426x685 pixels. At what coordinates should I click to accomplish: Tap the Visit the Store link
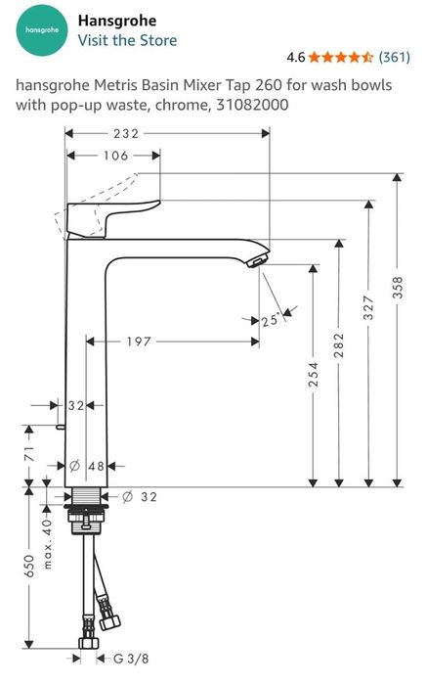point(127,40)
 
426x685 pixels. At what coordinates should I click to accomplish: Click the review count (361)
point(394,57)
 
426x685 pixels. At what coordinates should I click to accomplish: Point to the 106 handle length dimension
point(116,156)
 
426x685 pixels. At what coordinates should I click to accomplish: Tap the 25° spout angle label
point(271,319)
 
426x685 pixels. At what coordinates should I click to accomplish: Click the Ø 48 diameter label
point(89,467)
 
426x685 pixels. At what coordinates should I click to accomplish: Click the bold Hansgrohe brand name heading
point(116,20)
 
